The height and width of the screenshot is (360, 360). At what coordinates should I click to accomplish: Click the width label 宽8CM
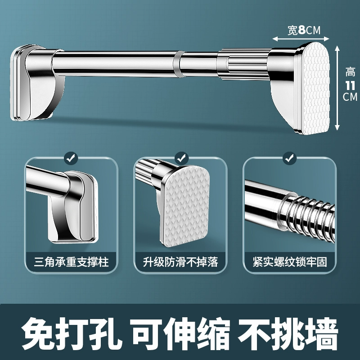[x=304, y=30]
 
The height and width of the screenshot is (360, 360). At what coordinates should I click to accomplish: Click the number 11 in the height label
[x=351, y=86]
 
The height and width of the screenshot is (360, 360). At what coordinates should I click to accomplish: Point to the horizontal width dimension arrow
[x=301, y=39]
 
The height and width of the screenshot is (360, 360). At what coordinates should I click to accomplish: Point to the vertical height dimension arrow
[x=337, y=88]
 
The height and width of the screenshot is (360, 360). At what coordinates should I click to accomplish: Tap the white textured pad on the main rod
[x=316, y=88]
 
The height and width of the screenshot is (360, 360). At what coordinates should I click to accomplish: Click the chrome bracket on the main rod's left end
[x=37, y=83]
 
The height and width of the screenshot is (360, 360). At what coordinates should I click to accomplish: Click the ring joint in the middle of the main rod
[x=177, y=63]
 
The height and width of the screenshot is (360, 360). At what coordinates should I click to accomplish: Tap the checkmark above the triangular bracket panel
[x=71, y=158]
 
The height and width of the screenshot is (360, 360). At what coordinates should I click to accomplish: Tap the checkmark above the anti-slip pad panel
[x=181, y=158]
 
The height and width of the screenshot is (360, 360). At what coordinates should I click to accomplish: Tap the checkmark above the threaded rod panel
[x=290, y=158]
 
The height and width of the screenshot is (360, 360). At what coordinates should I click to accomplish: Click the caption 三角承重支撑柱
[x=72, y=262]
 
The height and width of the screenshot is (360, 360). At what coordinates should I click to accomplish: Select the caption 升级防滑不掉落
[x=180, y=262]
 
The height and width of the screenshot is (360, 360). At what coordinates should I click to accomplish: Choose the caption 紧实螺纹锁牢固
[x=290, y=262]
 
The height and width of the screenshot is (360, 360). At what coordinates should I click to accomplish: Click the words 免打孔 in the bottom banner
[x=72, y=333]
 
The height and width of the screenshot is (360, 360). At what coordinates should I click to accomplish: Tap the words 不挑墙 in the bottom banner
[x=288, y=333]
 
